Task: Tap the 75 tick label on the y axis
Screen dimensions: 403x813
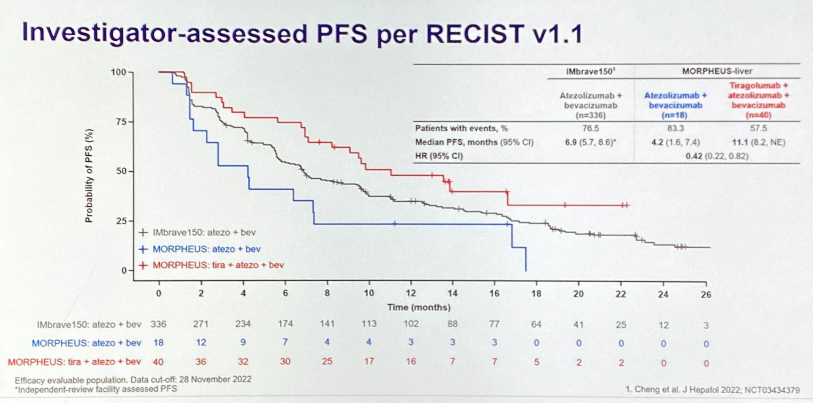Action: [x=122, y=122]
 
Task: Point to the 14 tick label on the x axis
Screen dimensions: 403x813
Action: [x=452, y=293]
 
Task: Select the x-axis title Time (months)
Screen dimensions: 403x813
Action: [x=419, y=307]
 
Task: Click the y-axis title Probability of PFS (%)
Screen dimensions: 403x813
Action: [x=89, y=176]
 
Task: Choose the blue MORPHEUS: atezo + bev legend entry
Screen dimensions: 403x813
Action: [x=206, y=249]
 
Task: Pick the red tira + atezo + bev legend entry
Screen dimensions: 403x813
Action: [x=218, y=265]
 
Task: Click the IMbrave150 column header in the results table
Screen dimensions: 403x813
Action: [x=590, y=72]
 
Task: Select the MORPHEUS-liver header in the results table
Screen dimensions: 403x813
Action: [x=717, y=71]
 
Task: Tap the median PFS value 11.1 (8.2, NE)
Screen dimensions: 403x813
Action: [x=759, y=142]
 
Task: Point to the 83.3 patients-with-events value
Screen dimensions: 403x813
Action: [x=675, y=129]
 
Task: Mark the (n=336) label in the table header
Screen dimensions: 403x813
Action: [x=590, y=115]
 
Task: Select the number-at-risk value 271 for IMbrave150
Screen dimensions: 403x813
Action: [x=200, y=324]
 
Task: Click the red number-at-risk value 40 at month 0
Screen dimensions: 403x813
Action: [x=158, y=362]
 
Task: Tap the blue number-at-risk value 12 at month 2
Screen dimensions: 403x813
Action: [x=201, y=342]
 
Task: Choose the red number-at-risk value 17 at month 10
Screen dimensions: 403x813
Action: [x=369, y=362]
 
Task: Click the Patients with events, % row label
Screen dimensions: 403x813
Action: [x=461, y=129]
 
